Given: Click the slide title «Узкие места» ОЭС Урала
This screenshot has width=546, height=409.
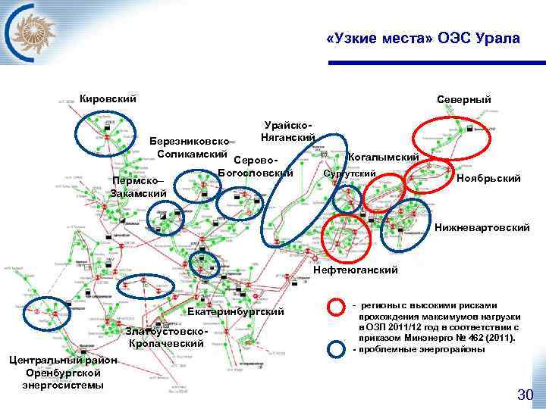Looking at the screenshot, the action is pyautogui.click(x=422, y=39).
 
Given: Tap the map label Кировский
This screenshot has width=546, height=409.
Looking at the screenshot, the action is pyautogui.click(x=108, y=98).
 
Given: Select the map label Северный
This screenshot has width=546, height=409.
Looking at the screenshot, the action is pyautogui.click(x=463, y=99).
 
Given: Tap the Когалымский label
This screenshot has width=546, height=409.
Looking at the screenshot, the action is pyautogui.click(x=383, y=157).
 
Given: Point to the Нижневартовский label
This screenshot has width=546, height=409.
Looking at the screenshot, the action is pyautogui.click(x=482, y=227).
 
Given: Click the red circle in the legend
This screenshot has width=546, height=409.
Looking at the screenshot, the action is pyautogui.click(x=337, y=307).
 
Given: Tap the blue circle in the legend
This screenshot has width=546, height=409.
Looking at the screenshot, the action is pyautogui.click(x=337, y=348).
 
